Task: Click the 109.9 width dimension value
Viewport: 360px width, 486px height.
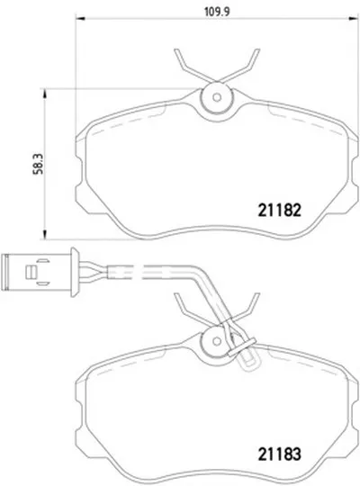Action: pos(217,12)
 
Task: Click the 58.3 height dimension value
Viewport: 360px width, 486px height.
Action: pos(39,165)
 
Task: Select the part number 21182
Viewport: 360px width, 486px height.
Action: pos(279,210)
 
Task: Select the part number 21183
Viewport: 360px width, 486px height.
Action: pos(279,454)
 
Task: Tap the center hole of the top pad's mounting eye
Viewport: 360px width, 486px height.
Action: pos(217,97)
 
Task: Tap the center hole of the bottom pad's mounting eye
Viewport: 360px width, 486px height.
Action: pos(217,341)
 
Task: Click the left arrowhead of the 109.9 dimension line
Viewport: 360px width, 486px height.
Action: pos(80,19)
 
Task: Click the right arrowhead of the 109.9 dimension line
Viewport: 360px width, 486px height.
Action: pos(354,19)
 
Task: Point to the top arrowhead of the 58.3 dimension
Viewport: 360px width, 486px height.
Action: pos(45,94)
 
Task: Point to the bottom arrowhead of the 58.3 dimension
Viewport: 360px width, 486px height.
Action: pos(45,235)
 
